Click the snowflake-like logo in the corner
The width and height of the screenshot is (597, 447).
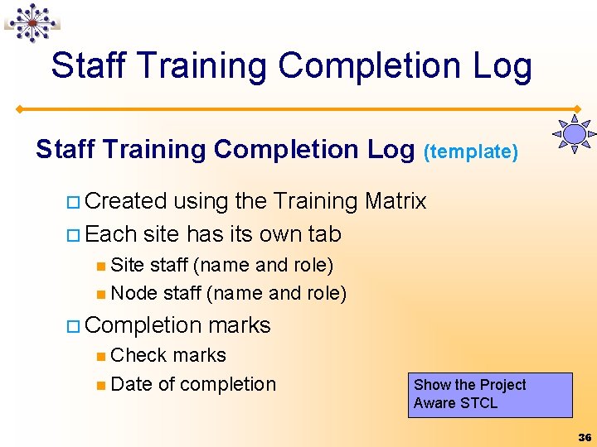[32, 23]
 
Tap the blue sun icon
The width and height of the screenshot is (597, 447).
[574, 134]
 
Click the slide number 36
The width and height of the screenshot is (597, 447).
[585, 438]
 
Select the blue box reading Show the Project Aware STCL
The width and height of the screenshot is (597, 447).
[490, 395]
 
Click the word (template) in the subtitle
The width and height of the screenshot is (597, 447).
[471, 151]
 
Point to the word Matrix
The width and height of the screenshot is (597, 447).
[396, 200]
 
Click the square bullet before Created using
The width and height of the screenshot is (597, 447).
[73, 202]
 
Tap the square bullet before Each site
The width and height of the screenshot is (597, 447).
[73, 235]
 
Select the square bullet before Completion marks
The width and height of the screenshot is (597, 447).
[73, 326]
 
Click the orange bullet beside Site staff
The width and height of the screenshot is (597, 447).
[101, 266]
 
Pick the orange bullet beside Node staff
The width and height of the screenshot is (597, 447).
[101, 294]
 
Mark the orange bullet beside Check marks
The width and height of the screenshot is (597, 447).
[101, 356]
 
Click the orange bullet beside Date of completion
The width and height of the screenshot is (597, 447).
[101, 386]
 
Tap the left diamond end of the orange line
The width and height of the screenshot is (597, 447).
[19, 109]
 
